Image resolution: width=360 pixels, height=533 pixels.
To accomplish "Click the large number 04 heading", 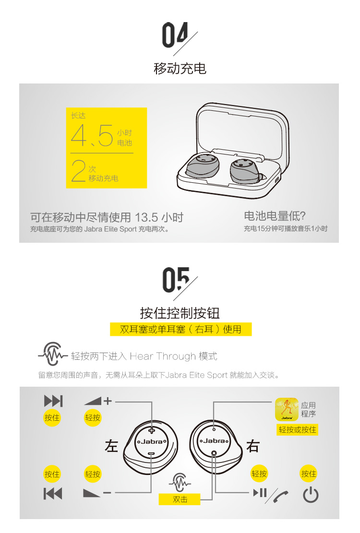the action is [x=175, y=35].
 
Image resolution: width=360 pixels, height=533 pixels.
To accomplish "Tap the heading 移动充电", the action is [x=180, y=68].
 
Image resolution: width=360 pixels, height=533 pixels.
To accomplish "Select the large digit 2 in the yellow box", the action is [x=79, y=171].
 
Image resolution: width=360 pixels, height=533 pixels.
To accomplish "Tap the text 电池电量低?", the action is [x=275, y=216].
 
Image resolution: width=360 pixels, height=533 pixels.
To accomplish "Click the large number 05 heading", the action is [x=176, y=279].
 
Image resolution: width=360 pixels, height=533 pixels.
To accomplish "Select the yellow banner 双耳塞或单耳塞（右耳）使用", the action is [x=180, y=329].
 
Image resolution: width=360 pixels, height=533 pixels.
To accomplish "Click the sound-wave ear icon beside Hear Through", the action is [x=52, y=354].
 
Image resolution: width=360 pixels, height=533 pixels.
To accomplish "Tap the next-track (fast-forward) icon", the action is [x=53, y=401].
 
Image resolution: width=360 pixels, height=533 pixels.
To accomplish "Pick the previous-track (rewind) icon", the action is [x=53, y=493].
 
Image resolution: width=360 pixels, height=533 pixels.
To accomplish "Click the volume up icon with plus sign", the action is [x=98, y=401].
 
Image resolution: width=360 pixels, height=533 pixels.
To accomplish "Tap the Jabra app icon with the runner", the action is [x=287, y=409].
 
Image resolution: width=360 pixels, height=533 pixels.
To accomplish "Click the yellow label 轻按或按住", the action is [x=298, y=430].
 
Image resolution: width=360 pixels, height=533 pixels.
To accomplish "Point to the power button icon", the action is [x=311, y=495].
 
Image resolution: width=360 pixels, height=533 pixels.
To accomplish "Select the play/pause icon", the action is [x=260, y=493].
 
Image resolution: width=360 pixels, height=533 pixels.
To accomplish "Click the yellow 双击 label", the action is [x=180, y=499].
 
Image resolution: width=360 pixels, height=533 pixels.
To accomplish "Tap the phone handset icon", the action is [x=280, y=496].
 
